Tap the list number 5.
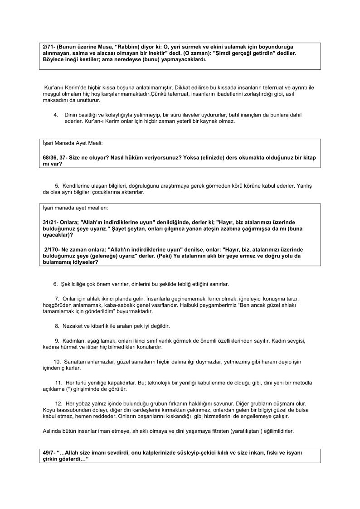coord(57,186)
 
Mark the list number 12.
coord(58,403)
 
